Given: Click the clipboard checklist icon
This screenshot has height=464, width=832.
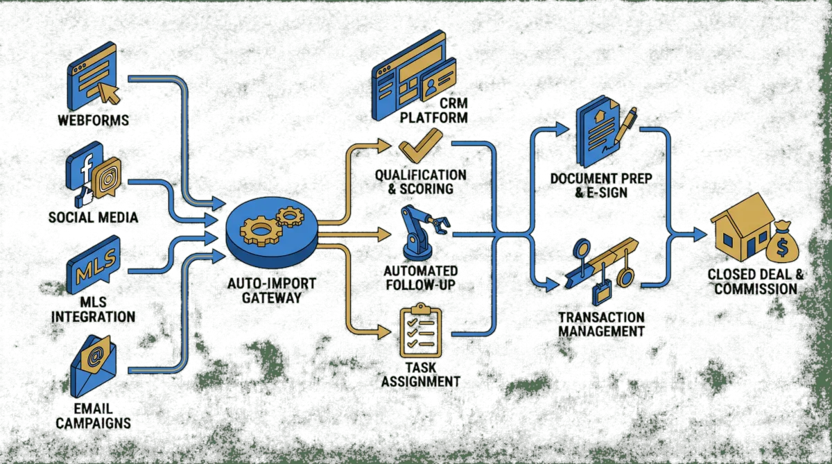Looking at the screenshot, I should point(420,332).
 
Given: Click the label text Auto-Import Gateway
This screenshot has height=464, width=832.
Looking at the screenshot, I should point(270,291).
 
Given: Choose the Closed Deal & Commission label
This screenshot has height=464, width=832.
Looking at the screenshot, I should point(755,281).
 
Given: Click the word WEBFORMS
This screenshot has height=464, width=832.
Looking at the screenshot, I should point(93,121).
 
